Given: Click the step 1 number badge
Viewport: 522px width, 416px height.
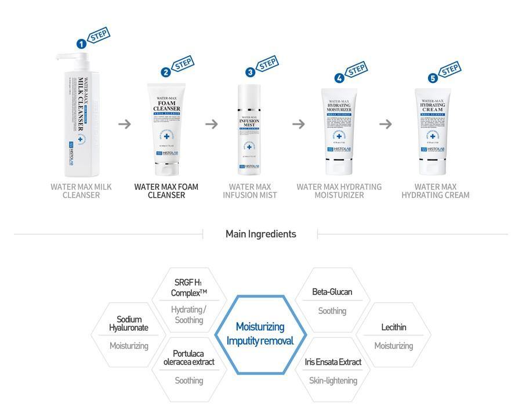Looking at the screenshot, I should point(82,44).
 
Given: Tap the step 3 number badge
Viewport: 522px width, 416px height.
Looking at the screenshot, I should point(250,72).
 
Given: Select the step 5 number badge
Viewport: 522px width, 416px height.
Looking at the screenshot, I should point(432,78).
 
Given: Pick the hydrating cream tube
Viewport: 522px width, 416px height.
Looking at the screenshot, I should point(432,131).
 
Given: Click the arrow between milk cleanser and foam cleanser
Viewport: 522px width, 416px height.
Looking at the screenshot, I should point(124,124).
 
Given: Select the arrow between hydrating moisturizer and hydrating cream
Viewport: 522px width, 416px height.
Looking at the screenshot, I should point(386,124).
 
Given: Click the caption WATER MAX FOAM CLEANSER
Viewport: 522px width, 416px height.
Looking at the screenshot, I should point(166,191).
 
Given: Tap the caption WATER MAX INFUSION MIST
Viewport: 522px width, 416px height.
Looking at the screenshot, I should point(250,191).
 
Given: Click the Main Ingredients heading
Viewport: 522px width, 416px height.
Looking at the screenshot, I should point(260,234).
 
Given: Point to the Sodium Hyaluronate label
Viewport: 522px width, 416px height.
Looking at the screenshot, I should point(129,324).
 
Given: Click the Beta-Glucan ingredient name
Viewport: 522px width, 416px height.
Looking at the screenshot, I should point(332,292).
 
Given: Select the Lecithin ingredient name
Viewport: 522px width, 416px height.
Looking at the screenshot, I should point(393,327).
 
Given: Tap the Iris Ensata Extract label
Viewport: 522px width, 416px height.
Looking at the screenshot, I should point(333,362).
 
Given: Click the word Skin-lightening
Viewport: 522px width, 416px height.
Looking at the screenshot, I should point(333,381).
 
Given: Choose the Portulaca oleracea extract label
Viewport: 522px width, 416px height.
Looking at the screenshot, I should point(188,357).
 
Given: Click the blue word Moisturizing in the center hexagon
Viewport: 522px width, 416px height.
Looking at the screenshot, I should point(260,327).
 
